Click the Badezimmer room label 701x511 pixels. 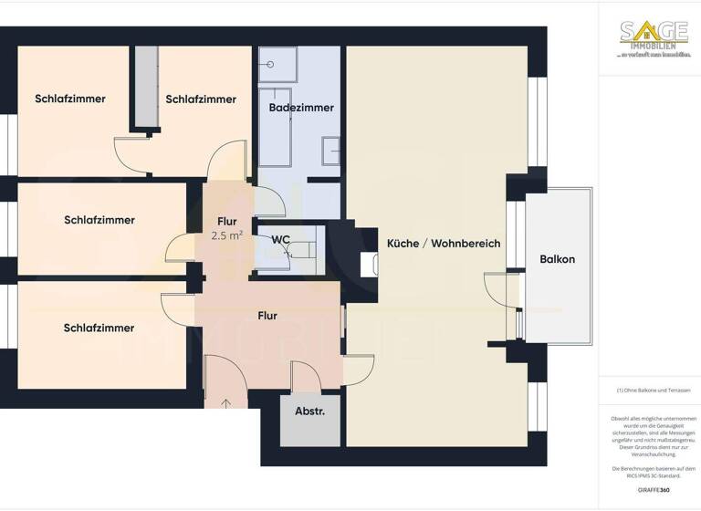301,108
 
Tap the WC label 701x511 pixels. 281,240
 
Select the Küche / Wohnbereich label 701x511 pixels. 430,244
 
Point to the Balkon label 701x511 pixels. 557,259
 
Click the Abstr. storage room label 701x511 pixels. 309,412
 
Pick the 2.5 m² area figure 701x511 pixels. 226,235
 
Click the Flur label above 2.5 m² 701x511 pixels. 226,222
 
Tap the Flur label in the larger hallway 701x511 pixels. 267,317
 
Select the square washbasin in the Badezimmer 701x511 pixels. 330,150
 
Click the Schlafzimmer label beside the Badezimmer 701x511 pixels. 201,99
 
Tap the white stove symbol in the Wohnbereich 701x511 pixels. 370,263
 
